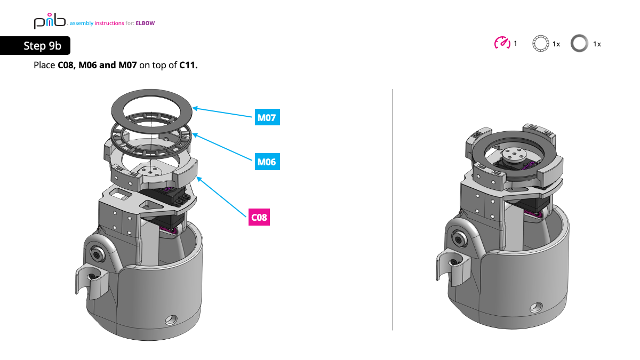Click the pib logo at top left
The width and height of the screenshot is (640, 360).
[49, 22]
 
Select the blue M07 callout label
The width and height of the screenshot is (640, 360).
[267, 117]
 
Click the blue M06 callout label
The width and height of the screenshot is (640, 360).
[267, 161]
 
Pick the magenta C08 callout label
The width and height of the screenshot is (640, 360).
[259, 217]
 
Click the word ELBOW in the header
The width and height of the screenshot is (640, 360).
[145, 23]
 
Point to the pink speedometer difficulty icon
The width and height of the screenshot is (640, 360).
[502, 43]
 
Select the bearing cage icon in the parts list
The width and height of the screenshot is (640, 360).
[540, 44]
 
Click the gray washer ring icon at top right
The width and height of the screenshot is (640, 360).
[579, 44]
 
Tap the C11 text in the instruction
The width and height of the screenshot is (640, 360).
[188, 65]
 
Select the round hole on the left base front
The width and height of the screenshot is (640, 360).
[171, 320]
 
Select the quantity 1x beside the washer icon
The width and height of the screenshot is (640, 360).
[597, 44]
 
